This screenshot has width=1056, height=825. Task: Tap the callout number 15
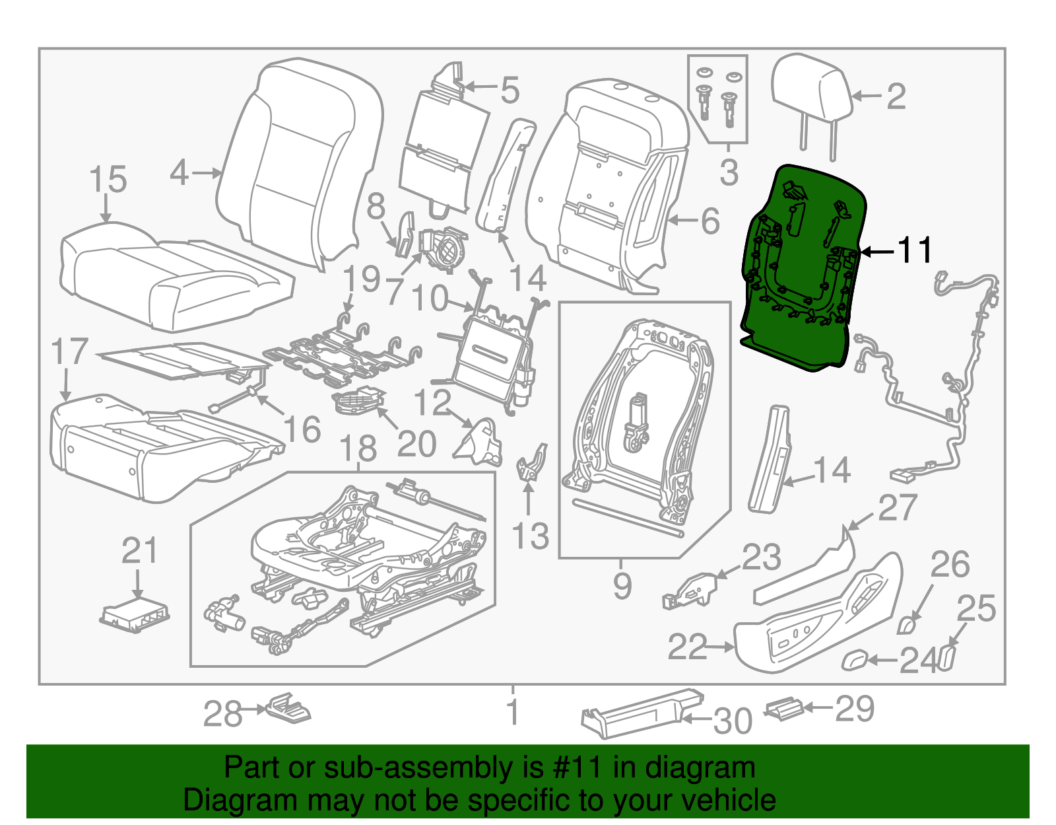click(108, 180)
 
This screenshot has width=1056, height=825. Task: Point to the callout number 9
click(622, 587)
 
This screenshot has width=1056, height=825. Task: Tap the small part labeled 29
click(784, 709)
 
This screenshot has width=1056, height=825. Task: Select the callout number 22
click(687, 647)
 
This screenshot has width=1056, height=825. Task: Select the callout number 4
click(179, 173)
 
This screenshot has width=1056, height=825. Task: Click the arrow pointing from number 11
click(877, 252)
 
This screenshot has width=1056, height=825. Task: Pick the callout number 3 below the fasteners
click(729, 172)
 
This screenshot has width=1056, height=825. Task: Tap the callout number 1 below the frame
click(513, 712)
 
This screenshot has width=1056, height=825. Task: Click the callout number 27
click(897, 508)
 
